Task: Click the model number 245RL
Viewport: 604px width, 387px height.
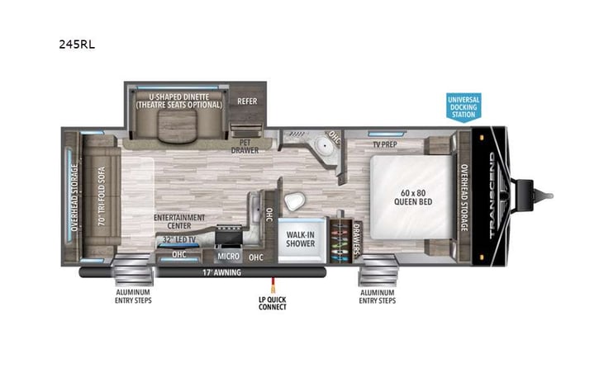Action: point(77,45)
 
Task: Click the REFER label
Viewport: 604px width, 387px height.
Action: point(247,101)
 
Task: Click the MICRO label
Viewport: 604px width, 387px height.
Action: point(227,257)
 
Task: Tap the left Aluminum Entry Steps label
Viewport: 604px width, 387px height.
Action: point(134,296)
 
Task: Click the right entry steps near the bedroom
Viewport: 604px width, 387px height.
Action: point(377,270)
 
